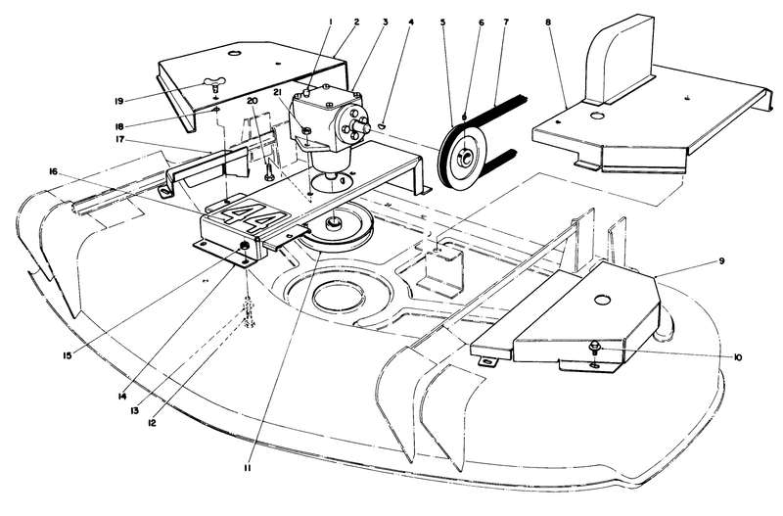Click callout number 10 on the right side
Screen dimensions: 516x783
click(737, 358)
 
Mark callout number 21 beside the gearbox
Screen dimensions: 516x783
click(278, 92)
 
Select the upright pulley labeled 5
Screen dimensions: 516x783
click(459, 154)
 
